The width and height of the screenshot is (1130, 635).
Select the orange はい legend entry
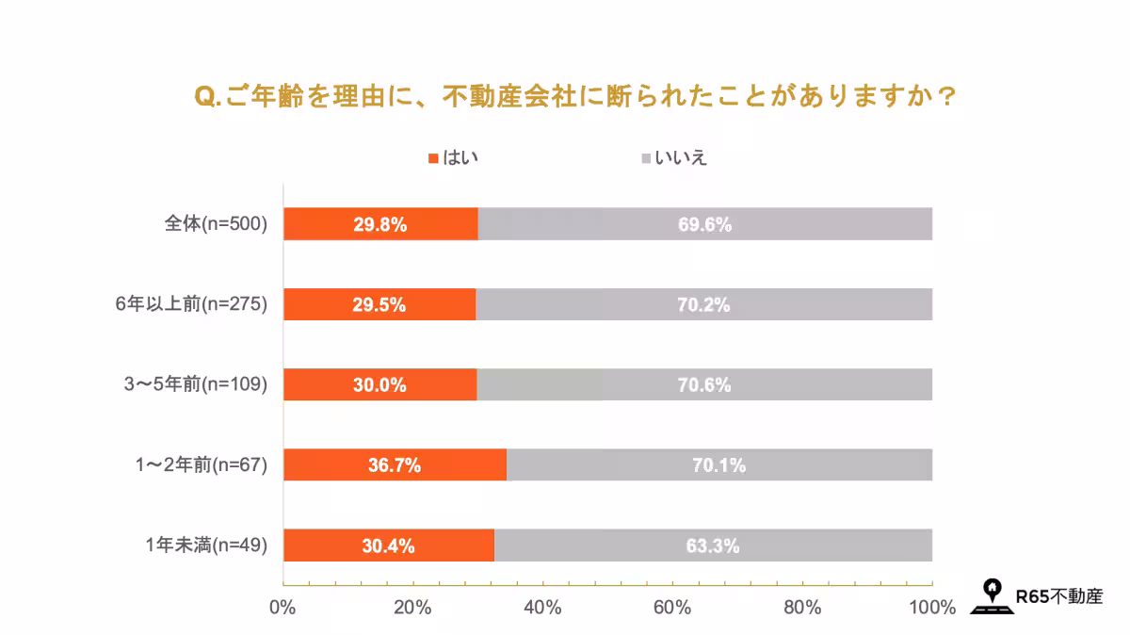454,157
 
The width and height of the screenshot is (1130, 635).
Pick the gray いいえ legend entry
673,157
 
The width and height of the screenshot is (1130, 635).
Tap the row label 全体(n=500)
216,224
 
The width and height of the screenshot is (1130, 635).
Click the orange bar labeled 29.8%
380,224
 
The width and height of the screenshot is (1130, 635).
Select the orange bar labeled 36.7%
395,464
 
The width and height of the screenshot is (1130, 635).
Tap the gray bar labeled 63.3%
713,545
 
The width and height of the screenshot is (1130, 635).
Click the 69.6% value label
704,224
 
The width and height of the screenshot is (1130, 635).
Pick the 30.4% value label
387,545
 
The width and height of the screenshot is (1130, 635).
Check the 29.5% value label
379,304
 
